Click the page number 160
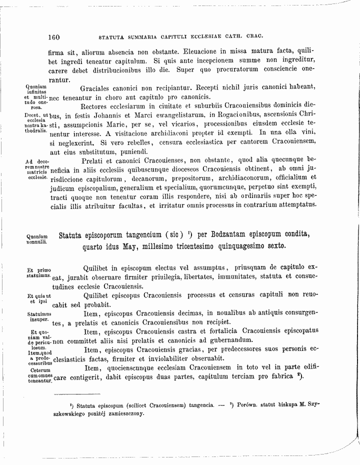(x=54, y=36)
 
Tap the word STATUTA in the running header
(x=113, y=37)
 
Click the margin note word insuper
(x=37, y=318)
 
